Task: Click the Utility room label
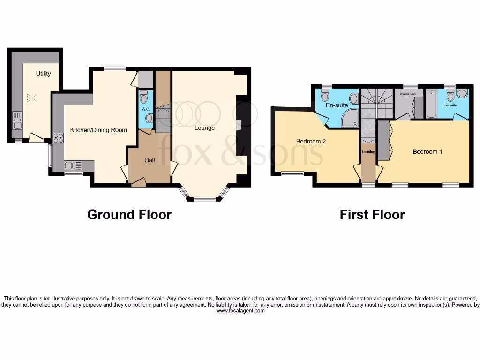pos(43,74)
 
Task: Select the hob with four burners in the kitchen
pos(59,138)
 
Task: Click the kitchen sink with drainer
pos(74,166)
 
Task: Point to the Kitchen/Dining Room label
pos(98,130)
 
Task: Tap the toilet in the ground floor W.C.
pos(144,97)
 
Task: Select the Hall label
pos(150,160)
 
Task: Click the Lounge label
pos(205,127)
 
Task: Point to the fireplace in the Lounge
pos(239,124)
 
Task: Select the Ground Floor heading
pos(129,215)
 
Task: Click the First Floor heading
pos(372,215)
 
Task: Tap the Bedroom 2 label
pos(311,141)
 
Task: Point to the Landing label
pos(368,152)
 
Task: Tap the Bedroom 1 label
pos(427,152)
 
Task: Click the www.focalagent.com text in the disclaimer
pos(240,310)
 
